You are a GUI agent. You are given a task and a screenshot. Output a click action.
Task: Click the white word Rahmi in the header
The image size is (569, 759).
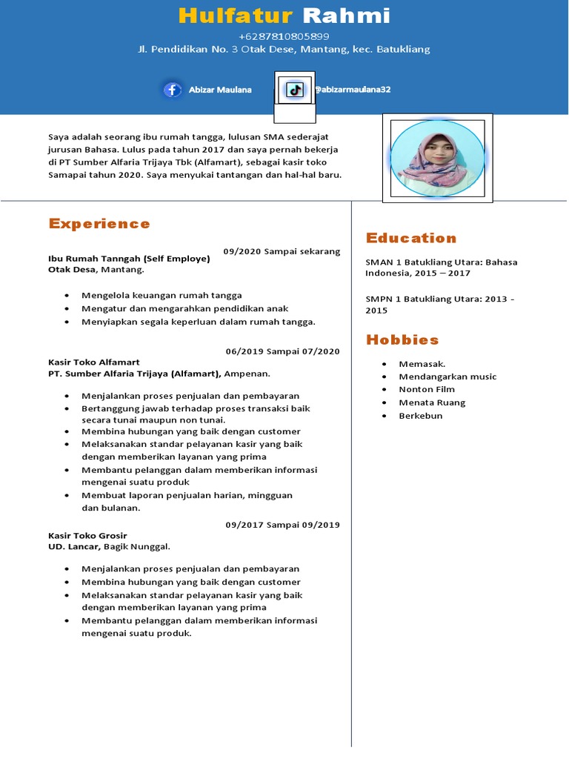click(347, 16)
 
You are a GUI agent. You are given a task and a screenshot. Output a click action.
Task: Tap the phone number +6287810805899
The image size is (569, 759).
click(284, 36)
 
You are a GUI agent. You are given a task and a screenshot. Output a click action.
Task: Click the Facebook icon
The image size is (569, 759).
click(173, 90)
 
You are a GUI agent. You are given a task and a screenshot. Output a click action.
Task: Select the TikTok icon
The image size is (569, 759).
click(295, 90)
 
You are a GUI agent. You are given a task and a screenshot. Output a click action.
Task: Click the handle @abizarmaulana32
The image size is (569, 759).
click(352, 90)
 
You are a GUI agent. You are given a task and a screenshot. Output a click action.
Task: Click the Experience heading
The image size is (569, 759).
click(99, 224)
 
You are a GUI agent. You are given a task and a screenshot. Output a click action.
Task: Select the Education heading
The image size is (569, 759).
click(411, 238)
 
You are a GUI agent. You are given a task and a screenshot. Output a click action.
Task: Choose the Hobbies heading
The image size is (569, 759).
click(402, 340)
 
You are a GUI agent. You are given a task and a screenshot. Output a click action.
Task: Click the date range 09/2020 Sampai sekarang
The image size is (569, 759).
click(282, 251)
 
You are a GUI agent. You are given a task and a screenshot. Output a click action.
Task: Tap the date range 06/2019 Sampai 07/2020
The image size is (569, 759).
click(283, 351)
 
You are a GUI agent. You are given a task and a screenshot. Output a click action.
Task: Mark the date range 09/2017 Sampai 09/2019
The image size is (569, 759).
click(283, 525)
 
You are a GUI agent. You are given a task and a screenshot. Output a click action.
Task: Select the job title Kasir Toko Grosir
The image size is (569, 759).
click(87, 535)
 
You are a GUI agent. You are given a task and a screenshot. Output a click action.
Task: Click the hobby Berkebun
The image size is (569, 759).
click(421, 416)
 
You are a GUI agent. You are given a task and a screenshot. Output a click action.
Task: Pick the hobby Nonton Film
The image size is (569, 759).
click(427, 389)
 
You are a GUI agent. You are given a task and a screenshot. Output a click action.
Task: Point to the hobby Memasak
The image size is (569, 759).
click(422, 364)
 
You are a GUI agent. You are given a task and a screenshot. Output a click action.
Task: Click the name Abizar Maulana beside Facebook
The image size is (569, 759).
click(220, 90)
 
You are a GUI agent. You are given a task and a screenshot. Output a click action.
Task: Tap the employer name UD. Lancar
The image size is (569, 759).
click(73, 547)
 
